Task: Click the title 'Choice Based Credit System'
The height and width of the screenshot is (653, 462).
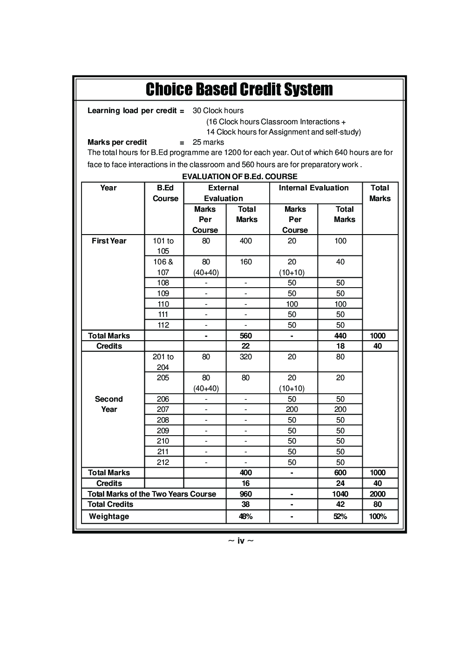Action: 239,89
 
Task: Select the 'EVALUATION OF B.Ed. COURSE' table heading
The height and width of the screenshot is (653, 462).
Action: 239,176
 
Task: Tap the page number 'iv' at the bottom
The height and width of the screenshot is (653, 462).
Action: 241,540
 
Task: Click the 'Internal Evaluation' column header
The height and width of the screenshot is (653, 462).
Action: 313,188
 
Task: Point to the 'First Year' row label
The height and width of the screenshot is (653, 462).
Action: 109,241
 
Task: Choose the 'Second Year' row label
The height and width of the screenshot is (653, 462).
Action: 109,404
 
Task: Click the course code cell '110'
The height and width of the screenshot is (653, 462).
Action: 163,304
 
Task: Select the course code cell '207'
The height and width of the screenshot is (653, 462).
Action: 163,409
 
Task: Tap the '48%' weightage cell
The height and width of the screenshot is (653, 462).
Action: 245,516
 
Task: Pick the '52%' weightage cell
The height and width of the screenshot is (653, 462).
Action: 340,516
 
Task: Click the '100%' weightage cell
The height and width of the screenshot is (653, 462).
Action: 377,516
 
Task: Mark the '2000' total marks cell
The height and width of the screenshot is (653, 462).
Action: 377,494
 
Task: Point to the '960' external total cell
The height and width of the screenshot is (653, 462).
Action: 245,494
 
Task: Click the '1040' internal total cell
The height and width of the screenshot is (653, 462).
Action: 340,494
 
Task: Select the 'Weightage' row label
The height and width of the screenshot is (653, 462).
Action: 109,516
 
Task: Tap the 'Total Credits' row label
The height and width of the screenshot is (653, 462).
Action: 110,504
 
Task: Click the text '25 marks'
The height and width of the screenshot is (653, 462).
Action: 208,142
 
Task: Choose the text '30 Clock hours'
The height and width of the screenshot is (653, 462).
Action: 218,111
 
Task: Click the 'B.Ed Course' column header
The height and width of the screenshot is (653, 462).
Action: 165,193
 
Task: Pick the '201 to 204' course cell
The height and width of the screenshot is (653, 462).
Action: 163,362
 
